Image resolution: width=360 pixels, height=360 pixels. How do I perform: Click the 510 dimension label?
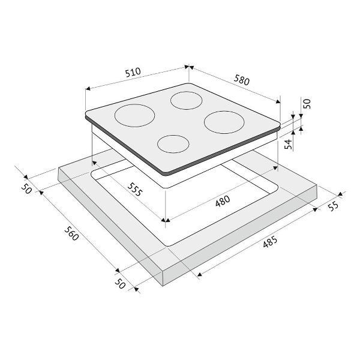click(133, 72)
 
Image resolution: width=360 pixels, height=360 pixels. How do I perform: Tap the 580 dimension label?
click(242, 80)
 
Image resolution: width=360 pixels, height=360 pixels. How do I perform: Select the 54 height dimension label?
click(289, 144)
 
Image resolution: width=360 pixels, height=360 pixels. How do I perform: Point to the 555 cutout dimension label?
click(135, 190)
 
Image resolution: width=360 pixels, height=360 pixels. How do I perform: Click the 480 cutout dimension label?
click(223, 200)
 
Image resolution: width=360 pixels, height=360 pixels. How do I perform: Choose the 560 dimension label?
click(71, 233)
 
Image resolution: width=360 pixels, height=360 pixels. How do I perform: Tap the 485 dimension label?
click(270, 242)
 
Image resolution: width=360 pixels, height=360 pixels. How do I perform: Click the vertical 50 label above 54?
click(307, 104)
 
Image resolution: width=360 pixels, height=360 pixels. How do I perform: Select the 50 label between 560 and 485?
click(120, 284)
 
